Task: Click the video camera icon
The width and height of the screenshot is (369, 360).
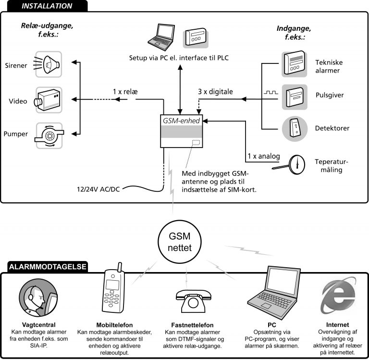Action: pyautogui.click(x=48, y=100)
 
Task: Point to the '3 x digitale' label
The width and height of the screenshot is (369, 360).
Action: pyautogui.click(x=216, y=91)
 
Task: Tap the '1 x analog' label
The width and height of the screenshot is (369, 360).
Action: pyautogui.click(x=262, y=156)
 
